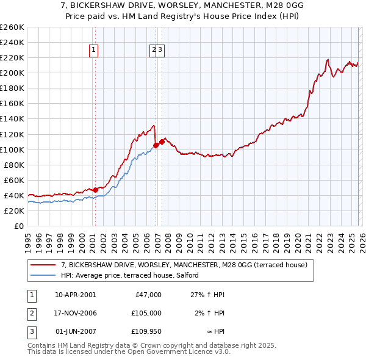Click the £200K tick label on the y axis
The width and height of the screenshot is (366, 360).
click(12, 73)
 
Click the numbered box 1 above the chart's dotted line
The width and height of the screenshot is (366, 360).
click(95, 51)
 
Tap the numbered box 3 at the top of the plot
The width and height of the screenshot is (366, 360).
click(161, 51)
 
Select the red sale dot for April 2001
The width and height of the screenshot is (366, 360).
click(96, 190)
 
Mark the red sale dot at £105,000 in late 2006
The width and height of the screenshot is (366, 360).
click(156, 145)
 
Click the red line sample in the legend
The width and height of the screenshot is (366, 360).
click(43, 265)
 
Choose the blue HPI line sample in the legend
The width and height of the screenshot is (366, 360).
click(43, 275)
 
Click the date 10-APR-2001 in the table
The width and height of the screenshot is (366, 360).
click(76, 295)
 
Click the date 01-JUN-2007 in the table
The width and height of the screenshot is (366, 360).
click(76, 331)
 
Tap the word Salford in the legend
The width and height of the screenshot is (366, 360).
click(187, 275)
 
